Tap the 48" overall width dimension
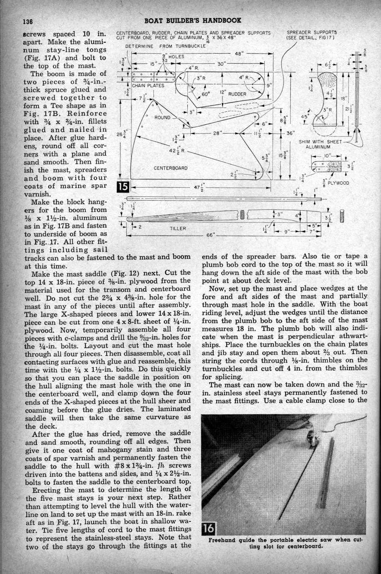[x=240, y=54]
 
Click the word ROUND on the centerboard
[x=162, y=117]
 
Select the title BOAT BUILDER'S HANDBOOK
[x=192, y=21]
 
